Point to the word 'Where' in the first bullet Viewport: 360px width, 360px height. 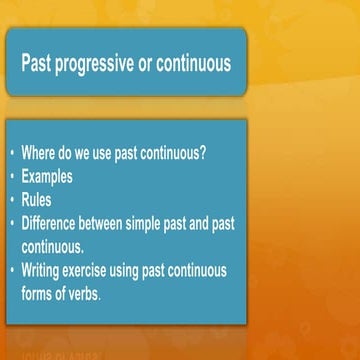pos(41,156)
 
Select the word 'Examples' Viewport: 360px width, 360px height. pos(47,179)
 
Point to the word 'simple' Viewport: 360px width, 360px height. pos(160,224)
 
